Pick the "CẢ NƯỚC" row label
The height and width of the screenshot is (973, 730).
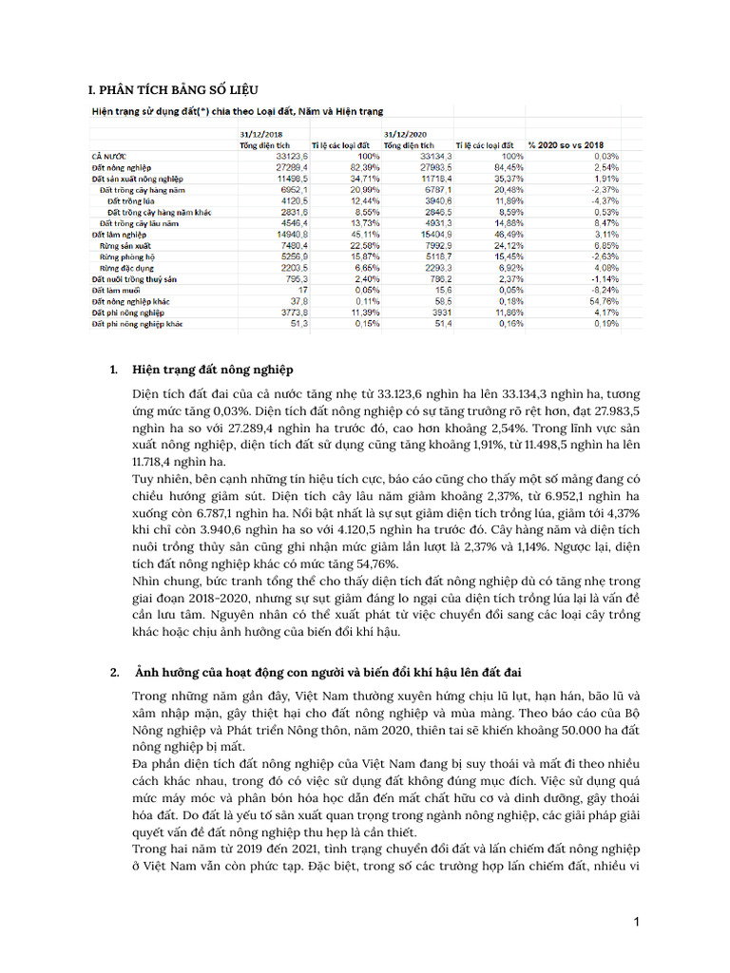click(109, 155)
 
